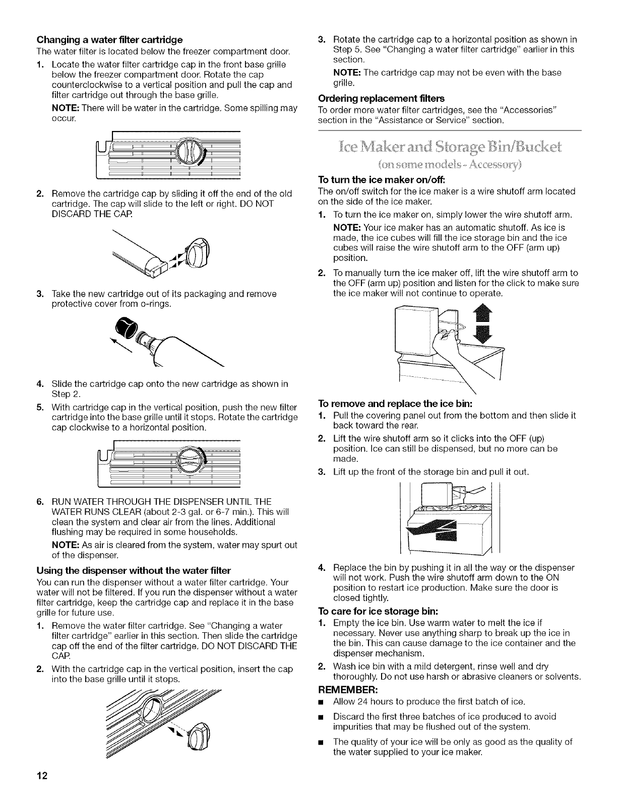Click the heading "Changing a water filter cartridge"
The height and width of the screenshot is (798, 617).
108,39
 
